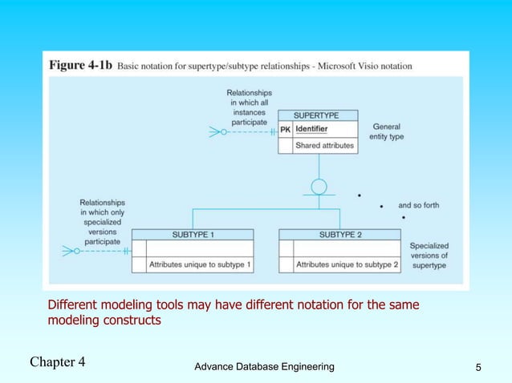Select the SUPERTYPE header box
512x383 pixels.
(x=318, y=115)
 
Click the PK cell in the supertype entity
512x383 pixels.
(x=285, y=130)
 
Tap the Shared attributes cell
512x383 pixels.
(x=325, y=146)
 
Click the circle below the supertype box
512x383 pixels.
(x=319, y=187)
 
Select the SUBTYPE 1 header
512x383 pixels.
(x=193, y=235)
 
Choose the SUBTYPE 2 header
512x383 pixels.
(x=339, y=235)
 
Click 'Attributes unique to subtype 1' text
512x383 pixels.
(x=200, y=264)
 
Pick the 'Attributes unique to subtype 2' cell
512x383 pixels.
(x=347, y=264)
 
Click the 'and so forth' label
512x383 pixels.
(x=418, y=206)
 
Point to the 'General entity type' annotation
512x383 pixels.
(x=386, y=132)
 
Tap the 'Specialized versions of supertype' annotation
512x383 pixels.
(x=429, y=255)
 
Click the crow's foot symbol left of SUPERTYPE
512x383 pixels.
(x=217, y=131)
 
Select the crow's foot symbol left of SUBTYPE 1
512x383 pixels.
(x=70, y=251)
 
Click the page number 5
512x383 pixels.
(x=478, y=367)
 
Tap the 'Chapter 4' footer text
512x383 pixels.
(x=58, y=361)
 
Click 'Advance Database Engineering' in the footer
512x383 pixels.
(x=265, y=366)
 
